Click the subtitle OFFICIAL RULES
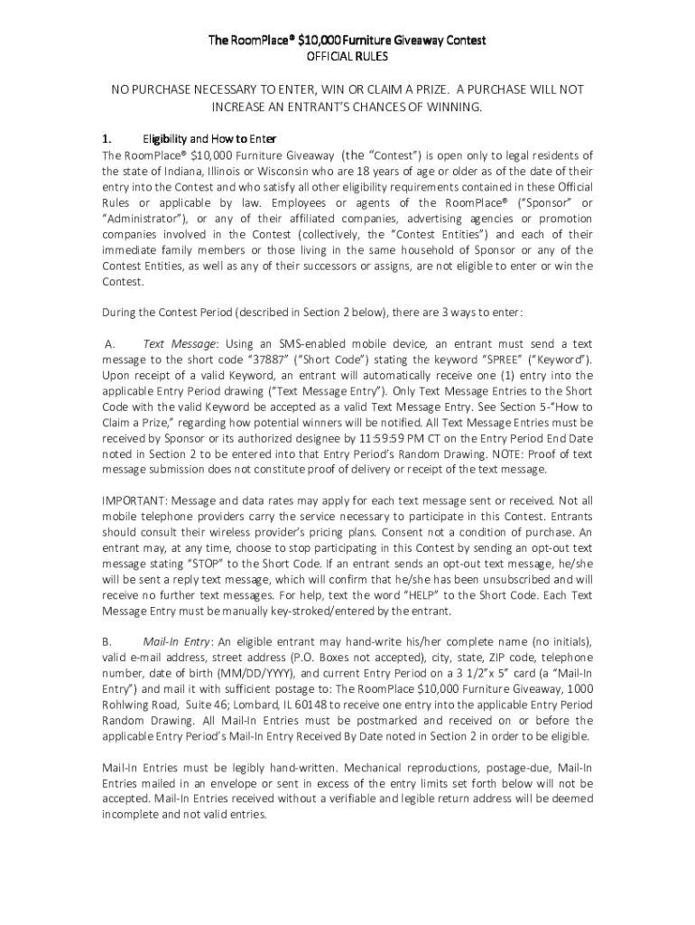coord(347,56)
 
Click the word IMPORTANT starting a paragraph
coord(134,500)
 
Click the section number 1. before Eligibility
coord(107,139)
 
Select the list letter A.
coord(109,344)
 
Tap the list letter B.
coord(107,641)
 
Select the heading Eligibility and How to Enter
coord(209,139)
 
